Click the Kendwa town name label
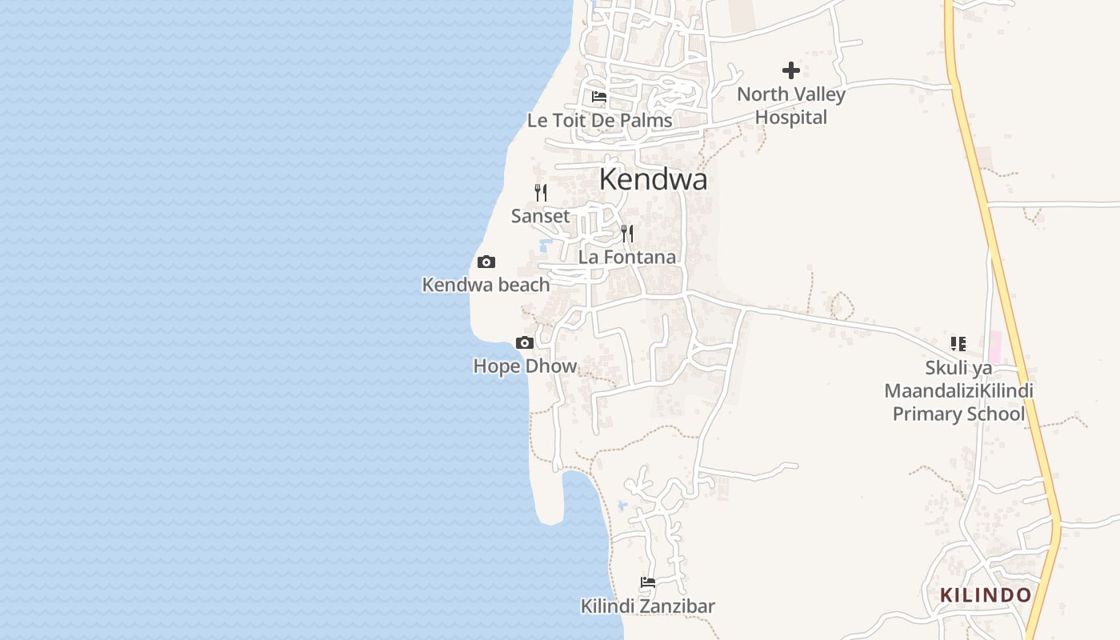[x=653, y=179]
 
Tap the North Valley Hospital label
[x=790, y=106]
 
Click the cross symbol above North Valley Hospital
[x=791, y=70]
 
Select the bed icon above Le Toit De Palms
[x=598, y=98]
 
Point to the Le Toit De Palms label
[x=599, y=121]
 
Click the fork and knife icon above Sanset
[x=541, y=192]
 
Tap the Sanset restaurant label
[x=541, y=216]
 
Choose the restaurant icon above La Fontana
[x=627, y=234]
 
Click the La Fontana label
[x=627, y=257]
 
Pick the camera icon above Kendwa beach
[x=486, y=262]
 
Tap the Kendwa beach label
[x=486, y=285]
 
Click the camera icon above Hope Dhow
[x=525, y=343]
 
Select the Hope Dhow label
[x=525, y=366]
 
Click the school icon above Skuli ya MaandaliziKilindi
[x=958, y=344]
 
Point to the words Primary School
[x=958, y=414]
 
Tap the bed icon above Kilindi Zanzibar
[x=648, y=582]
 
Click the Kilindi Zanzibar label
[x=648, y=606]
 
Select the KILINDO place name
[x=986, y=595]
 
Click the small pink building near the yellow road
[x=995, y=347]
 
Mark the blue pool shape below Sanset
[x=546, y=244]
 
